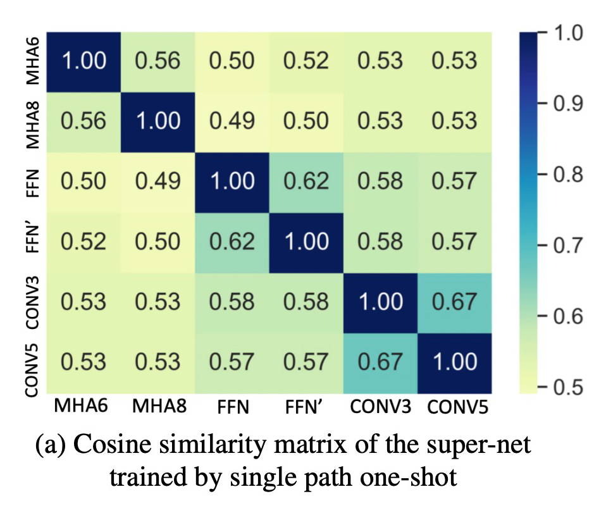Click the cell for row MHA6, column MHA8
tap(158, 61)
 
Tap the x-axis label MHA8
tap(158, 405)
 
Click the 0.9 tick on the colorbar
tap(566, 104)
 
